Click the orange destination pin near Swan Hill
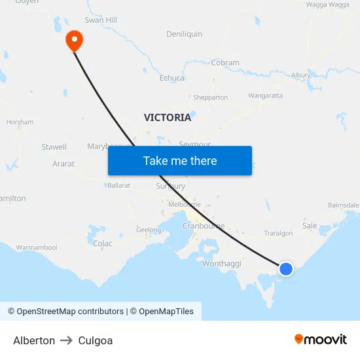click(x=74, y=41)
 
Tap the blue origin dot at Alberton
click(x=286, y=268)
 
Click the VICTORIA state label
click(x=168, y=118)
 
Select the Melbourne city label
click(x=185, y=204)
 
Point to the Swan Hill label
click(x=101, y=20)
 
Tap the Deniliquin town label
click(x=185, y=33)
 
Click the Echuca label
click(x=172, y=78)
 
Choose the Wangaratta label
click(x=265, y=96)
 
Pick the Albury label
click(x=301, y=75)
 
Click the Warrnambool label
click(x=37, y=247)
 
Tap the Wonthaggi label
click(x=222, y=263)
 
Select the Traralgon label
click(x=278, y=233)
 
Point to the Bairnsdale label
click(x=343, y=205)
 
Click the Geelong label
click(x=149, y=230)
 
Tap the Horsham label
click(x=20, y=122)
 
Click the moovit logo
click(x=321, y=339)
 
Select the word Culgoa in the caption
click(x=96, y=340)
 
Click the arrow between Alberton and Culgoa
click(x=67, y=340)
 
